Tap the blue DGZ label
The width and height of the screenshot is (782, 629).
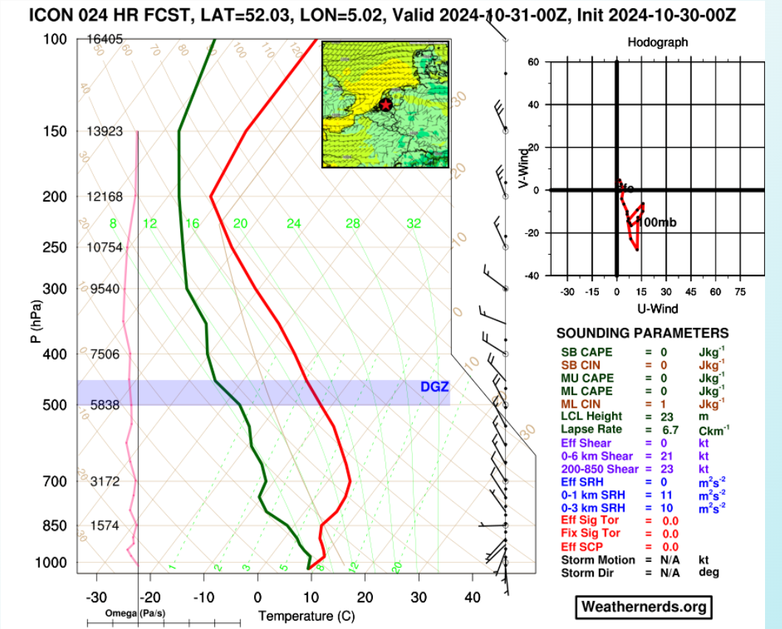coord(434,387)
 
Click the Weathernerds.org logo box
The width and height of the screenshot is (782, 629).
coord(644,607)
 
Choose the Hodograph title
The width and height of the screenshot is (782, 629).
coord(657,42)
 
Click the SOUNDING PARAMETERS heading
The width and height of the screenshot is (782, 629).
coord(642,334)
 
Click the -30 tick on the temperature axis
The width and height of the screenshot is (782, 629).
coord(96,597)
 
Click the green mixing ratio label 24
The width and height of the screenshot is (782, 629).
coord(294,224)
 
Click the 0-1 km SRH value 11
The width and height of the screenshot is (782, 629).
coord(669,495)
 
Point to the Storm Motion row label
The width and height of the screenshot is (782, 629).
coord(598,560)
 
